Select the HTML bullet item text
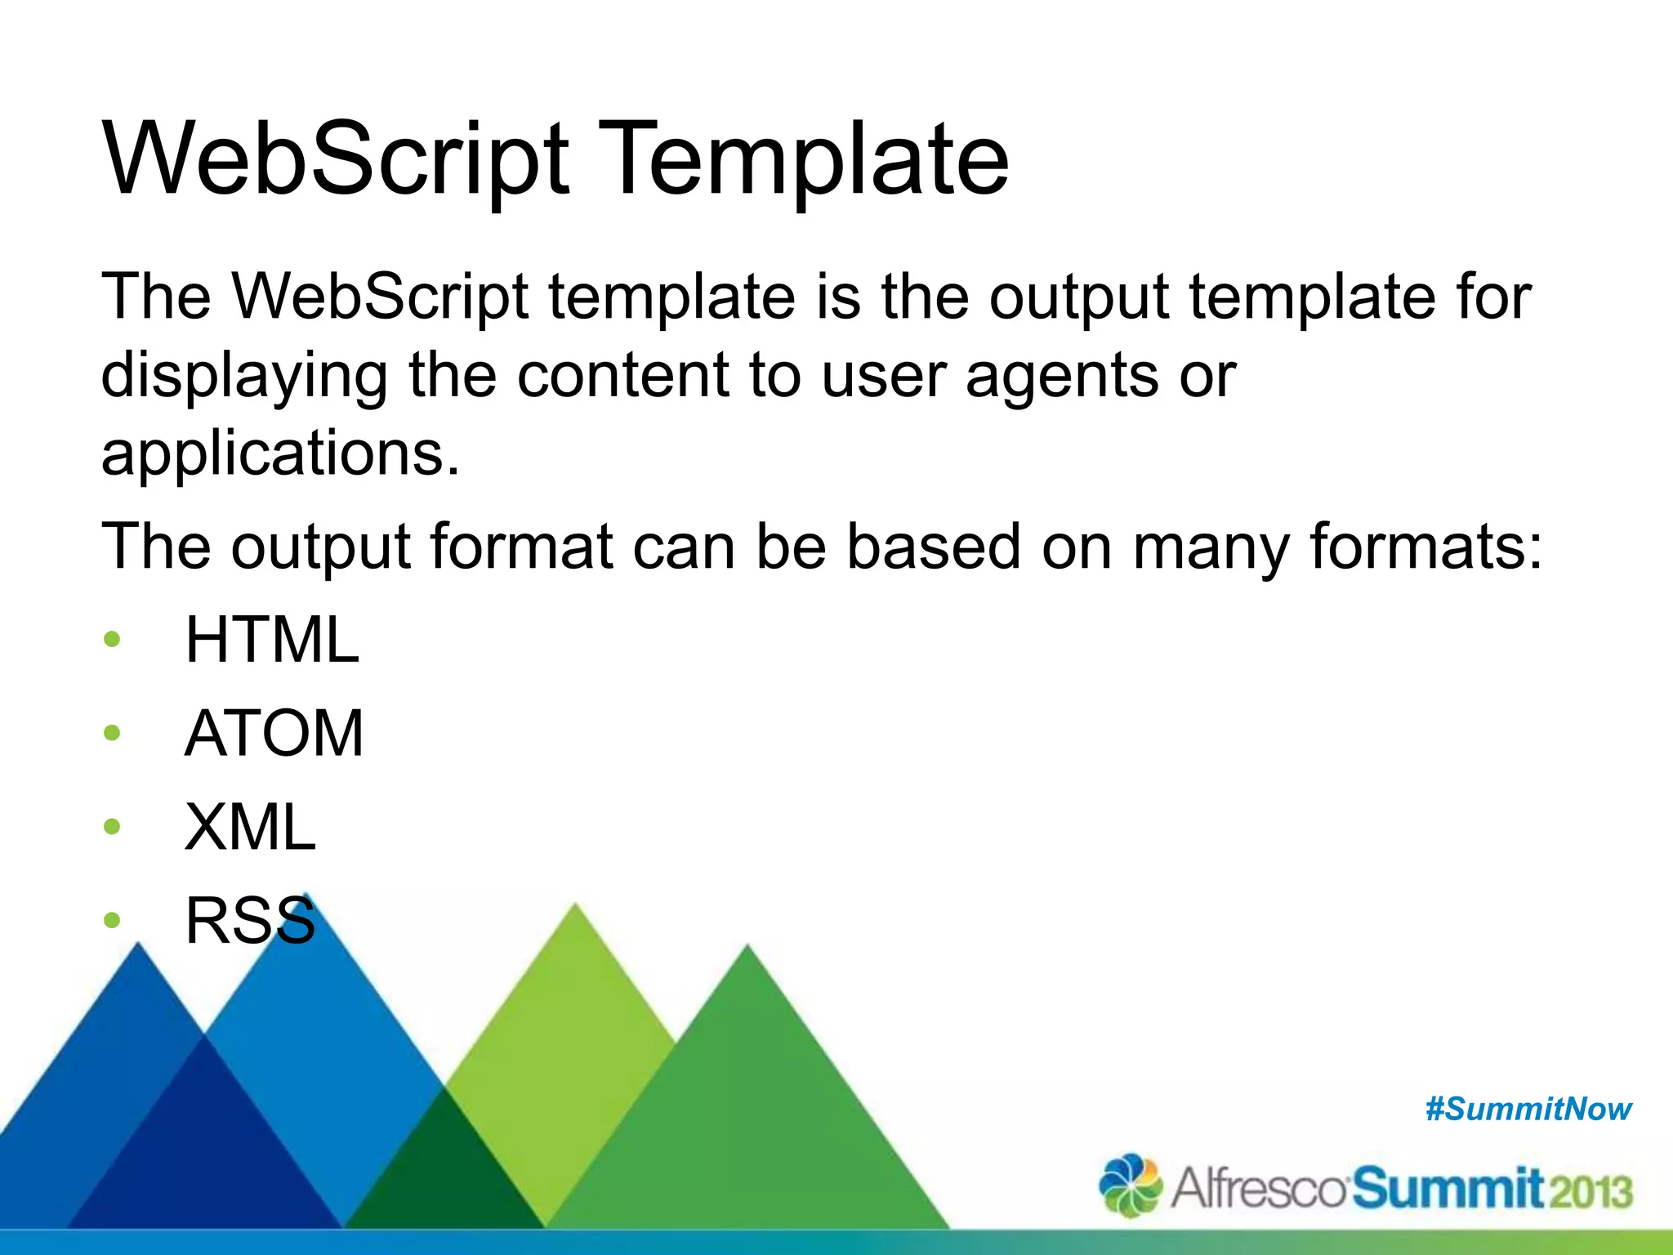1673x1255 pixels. coord(272,640)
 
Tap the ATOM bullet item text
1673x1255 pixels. coord(274,733)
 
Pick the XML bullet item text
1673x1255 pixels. coord(250,827)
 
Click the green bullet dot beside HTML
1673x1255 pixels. coord(112,639)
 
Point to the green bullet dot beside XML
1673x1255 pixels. coord(112,827)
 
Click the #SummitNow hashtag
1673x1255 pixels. coord(1528,1110)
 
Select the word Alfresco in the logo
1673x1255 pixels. coord(1258,1189)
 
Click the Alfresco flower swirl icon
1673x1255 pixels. coord(1131,1185)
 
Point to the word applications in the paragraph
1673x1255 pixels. coord(280,454)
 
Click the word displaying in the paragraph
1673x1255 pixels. coord(243,376)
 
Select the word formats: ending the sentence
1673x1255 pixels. coord(1426,546)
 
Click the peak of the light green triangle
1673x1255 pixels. coord(575,907)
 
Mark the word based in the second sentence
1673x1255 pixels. coord(933,546)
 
